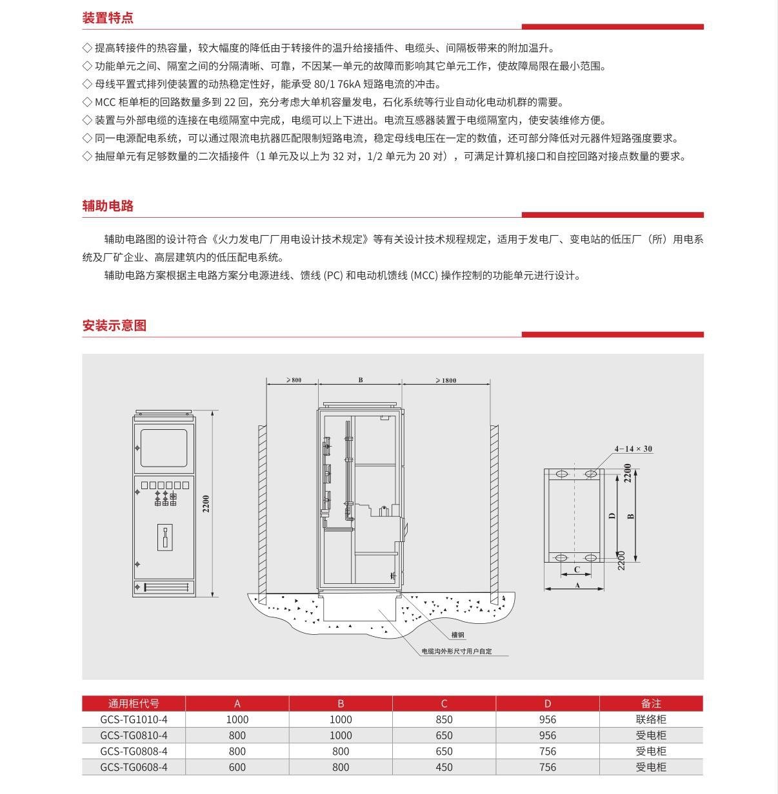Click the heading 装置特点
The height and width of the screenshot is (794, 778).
(x=108, y=18)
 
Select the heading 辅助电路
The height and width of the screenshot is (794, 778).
(x=108, y=206)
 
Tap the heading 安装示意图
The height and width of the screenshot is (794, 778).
(x=114, y=325)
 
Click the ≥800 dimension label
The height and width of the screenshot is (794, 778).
(x=294, y=380)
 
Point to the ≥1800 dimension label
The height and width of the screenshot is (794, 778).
(x=446, y=380)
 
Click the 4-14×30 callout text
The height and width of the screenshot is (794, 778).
(x=633, y=449)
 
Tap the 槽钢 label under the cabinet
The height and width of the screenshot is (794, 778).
(x=458, y=635)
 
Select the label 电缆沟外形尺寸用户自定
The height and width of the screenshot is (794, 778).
(x=457, y=652)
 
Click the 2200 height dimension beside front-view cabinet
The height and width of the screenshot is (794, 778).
(x=206, y=503)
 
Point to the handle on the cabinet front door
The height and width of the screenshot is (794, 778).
(x=165, y=536)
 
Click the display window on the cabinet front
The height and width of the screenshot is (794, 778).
(x=164, y=447)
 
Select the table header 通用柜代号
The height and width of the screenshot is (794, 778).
(x=134, y=703)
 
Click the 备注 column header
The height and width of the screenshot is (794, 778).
(x=651, y=703)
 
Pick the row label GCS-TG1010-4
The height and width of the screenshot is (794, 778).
(x=134, y=719)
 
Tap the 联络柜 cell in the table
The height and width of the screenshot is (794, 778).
(x=651, y=719)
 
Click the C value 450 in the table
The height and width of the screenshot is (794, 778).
(x=444, y=767)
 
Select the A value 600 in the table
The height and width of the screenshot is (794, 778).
(x=237, y=767)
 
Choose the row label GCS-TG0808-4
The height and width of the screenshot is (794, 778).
(x=134, y=751)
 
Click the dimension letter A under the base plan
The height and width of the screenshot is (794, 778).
(x=577, y=585)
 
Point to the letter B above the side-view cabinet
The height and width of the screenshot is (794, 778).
(x=361, y=380)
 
